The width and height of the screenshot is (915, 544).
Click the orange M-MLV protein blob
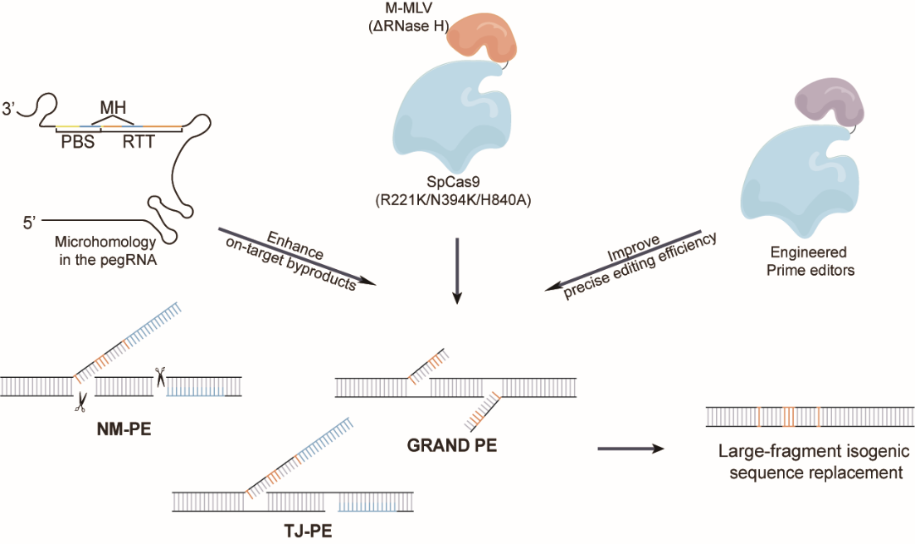point(483,37)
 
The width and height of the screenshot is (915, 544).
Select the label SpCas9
point(453,183)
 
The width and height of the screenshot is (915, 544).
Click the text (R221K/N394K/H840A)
point(453,201)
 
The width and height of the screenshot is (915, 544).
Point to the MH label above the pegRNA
point(113,107)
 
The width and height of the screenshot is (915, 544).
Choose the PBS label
point(78,142)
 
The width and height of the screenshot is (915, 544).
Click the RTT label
point(139,142)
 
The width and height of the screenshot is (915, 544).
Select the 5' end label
point(31,223)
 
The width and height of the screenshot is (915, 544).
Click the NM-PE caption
point(124,429)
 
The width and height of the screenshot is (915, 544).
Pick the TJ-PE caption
point(308,532)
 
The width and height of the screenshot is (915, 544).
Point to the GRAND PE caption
point(451,446)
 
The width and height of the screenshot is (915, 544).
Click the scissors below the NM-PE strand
point(80,401)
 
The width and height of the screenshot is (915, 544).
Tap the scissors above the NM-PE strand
point(159,377)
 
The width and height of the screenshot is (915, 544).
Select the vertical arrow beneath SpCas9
point(457,271)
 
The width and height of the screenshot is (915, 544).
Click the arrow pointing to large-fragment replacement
point(631,448)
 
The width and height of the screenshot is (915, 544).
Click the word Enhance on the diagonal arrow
point(294,245)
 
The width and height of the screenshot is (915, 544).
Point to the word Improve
point(633,248)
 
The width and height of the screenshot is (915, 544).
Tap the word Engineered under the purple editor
point(808,252)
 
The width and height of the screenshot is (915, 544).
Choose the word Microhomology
point(105,242)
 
